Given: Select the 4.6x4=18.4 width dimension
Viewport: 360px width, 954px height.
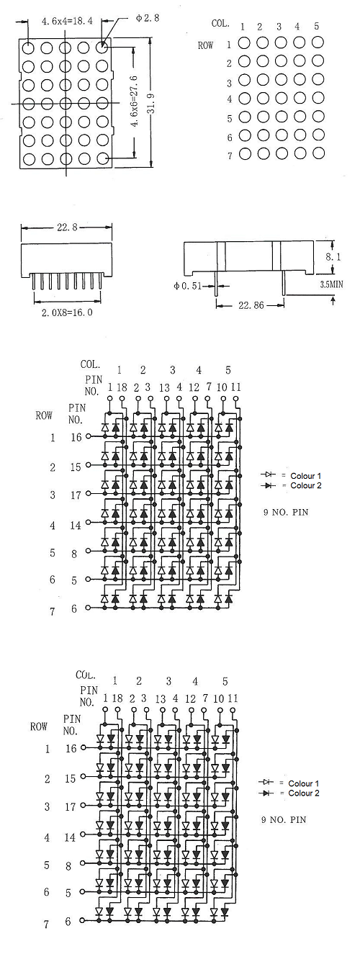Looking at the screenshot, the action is coord(66,21).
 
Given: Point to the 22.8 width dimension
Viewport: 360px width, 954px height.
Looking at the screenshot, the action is coord(67,228).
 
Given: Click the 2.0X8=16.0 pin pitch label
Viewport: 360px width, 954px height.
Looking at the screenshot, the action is coord(67,312).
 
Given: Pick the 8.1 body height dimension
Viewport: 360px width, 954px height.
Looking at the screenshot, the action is coord(333,256).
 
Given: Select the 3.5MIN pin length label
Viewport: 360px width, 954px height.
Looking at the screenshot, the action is coord(331,284).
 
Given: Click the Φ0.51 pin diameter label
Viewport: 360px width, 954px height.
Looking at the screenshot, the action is coord(187,286).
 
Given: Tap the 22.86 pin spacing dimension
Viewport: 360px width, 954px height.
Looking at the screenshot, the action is coord(251,305).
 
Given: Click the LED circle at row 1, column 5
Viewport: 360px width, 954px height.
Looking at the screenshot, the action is coord(318,42).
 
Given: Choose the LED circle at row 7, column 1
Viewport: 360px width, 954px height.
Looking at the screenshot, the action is coord(245,153).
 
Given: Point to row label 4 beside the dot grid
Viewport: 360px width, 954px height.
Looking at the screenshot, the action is coord(230,99).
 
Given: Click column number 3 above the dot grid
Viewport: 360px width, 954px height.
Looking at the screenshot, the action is coord(279,27).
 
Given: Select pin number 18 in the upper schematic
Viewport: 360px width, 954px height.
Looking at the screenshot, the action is coord(122,387).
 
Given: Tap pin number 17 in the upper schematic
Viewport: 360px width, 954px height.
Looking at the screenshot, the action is coord(76,495).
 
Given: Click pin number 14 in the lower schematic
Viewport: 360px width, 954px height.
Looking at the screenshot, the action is coord(70,838).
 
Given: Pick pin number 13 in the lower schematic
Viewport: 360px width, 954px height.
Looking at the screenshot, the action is coord(160,699).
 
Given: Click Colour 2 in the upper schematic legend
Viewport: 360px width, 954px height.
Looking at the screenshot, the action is coord(305,485).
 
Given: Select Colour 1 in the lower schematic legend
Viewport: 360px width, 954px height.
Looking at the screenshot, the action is coord(303,783).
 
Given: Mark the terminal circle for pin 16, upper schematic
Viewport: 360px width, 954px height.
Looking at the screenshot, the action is coord(88,436).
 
